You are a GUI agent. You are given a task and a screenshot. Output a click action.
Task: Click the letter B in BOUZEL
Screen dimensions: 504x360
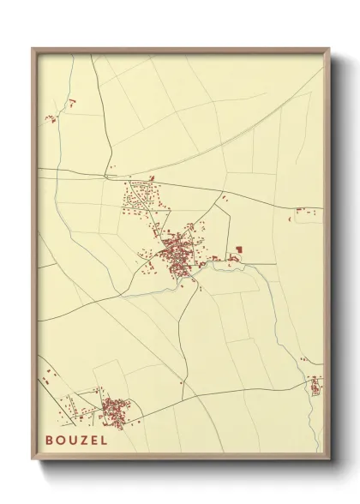[x=51, y=440]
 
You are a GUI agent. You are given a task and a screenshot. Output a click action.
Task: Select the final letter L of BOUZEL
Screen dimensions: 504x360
[x=104, y=440]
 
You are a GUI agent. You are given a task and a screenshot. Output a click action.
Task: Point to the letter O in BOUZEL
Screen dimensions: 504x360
[x=61, y=440]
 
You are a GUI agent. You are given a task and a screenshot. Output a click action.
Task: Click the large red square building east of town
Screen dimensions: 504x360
[x=238, y=249]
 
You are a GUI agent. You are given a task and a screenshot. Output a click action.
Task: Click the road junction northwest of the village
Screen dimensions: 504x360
[x=107, y=177]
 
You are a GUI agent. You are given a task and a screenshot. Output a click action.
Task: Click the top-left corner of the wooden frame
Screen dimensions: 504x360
[x=33, y=50]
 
